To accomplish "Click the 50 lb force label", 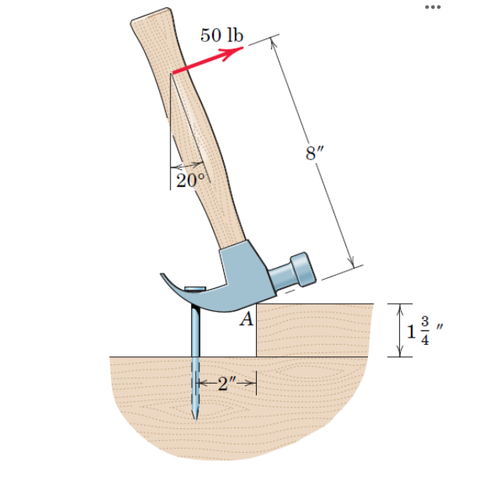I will tap(222, 34).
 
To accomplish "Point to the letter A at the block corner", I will tap(246, 318).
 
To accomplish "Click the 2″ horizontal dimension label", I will tap(226, 383).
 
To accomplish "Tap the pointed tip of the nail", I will tap(193, 416).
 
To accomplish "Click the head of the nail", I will tap(192, 287).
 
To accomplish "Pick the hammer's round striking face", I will tap(304, 268).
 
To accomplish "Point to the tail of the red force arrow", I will tap(173, 74).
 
